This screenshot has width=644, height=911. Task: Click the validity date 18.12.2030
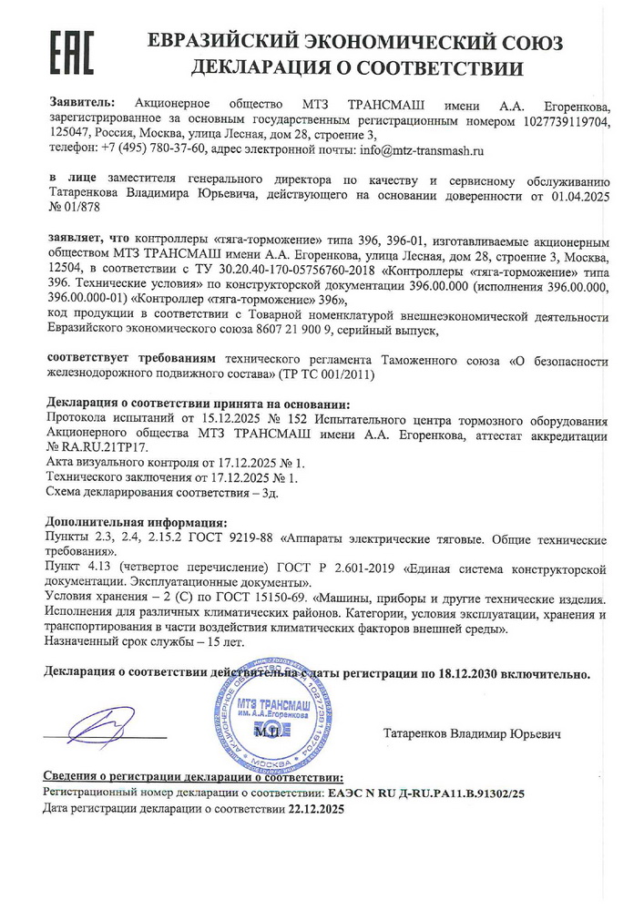coord(476,676)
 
